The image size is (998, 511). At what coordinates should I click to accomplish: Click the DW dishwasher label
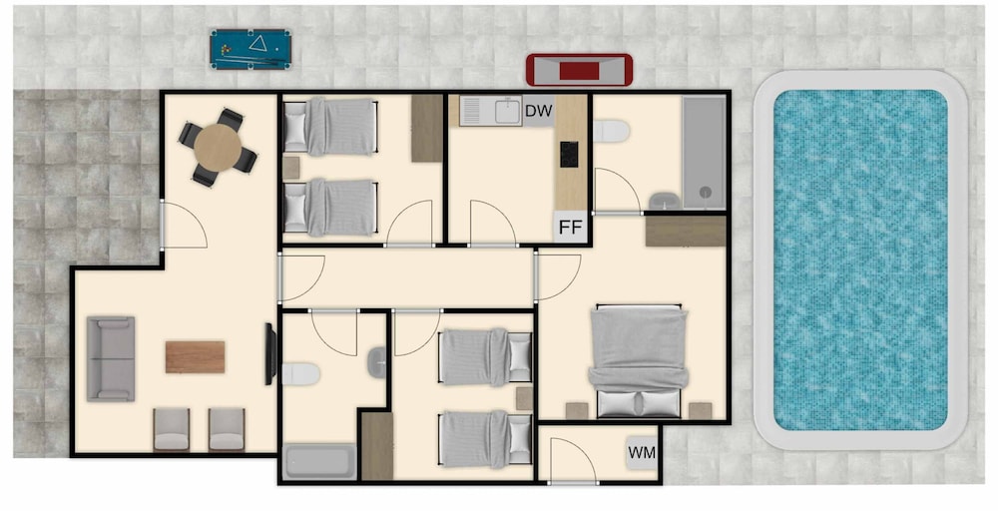coord(539,111)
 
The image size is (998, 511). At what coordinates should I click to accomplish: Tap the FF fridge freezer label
coord(570,228)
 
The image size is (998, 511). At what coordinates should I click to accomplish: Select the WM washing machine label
coord(642,452)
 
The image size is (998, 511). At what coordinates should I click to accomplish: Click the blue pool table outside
coord(250,49)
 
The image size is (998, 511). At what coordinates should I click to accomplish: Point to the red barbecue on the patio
coord(579,70)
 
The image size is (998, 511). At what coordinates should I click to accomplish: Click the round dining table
coord(218,148)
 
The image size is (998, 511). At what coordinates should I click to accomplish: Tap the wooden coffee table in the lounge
coord(195,357)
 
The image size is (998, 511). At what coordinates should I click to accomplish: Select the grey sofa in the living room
coord(111,359)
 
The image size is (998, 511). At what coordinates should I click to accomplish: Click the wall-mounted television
coord(270,354)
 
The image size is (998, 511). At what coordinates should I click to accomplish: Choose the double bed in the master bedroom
coord(639,361)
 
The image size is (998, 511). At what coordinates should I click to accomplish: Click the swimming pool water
coord(860,259)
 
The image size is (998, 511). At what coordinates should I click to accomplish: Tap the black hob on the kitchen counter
coord(569,155)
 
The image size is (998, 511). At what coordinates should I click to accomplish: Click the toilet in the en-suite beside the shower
coord(611,131)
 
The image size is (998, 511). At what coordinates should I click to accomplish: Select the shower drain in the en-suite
coord(705,192)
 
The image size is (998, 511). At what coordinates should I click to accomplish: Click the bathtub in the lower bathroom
coord(319,461)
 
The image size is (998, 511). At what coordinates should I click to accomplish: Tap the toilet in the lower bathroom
coord(300,373)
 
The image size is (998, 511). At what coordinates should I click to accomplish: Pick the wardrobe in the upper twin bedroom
coord(426,128)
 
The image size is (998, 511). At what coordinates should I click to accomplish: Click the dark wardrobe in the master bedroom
coord(686,231)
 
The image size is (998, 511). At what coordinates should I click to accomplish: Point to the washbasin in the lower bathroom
coord(377,362)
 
